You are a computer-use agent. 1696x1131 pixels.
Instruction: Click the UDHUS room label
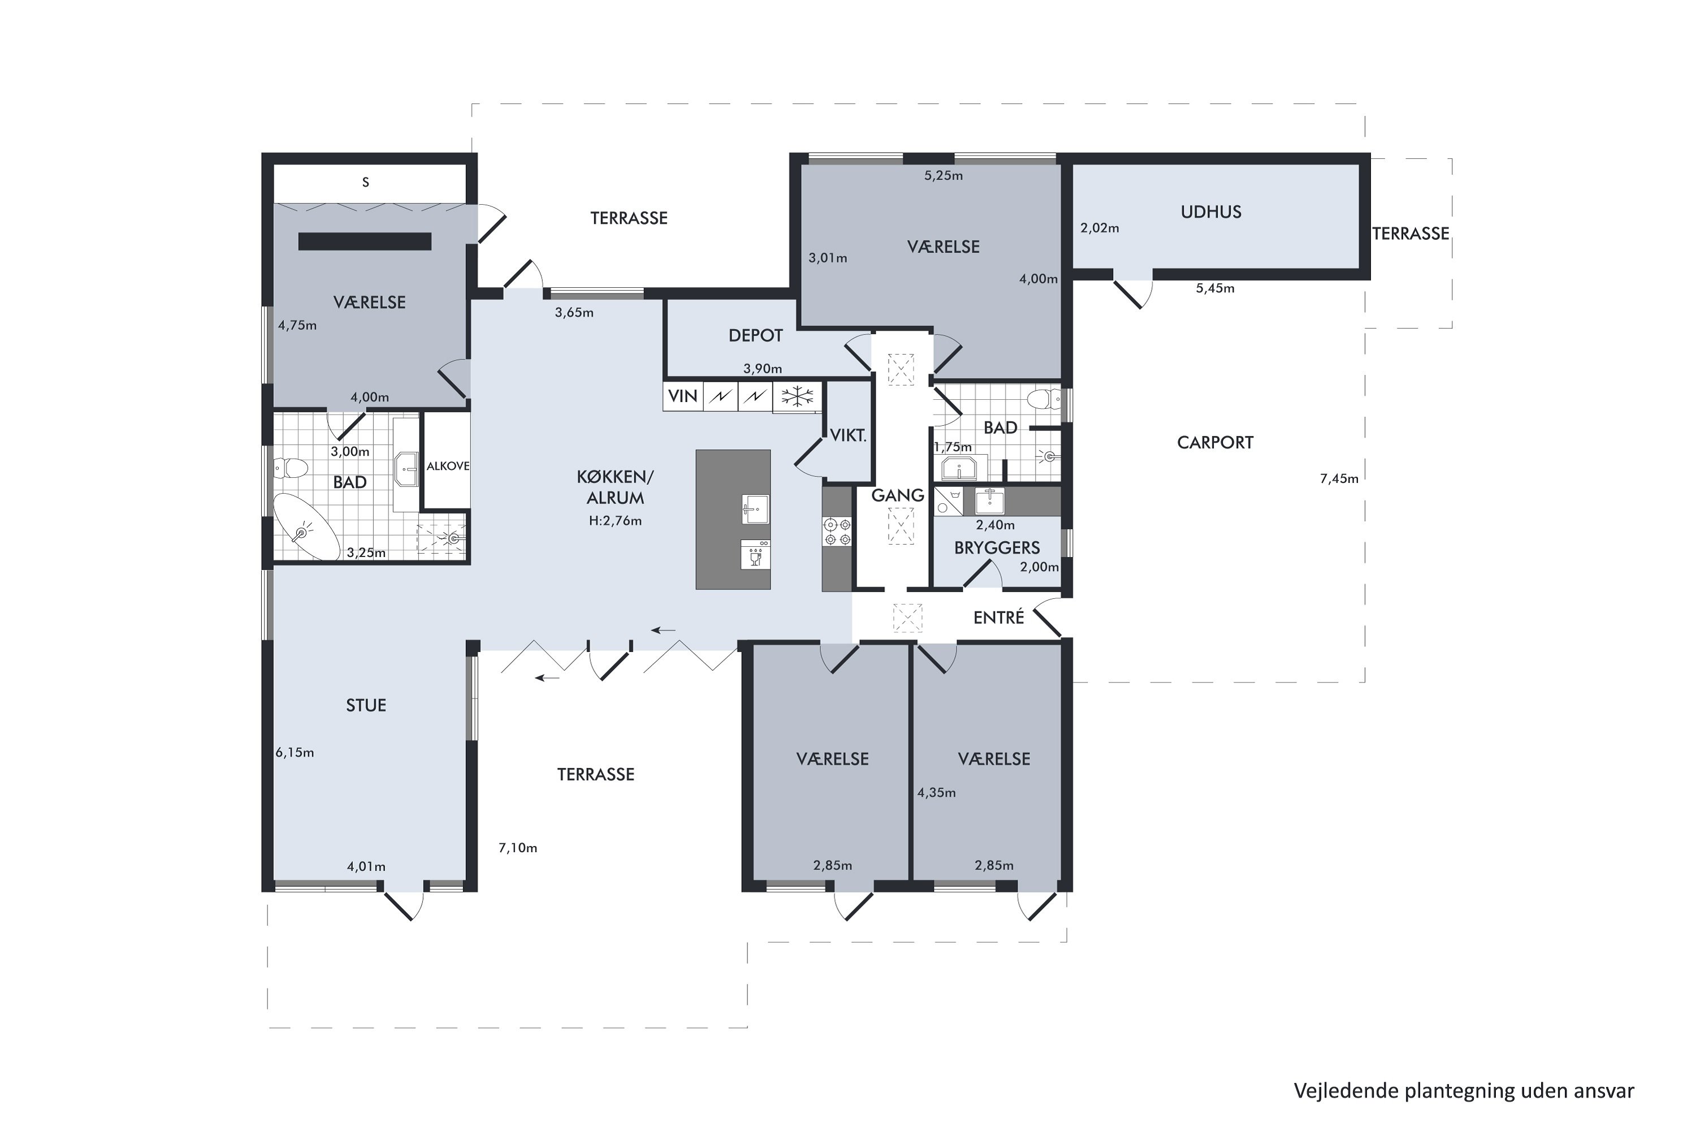coord(1211,212)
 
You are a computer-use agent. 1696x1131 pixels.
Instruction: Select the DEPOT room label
coord(756,335)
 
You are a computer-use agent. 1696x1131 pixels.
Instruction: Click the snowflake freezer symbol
coord(798,396)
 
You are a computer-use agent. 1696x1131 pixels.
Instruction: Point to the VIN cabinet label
coord(683,396)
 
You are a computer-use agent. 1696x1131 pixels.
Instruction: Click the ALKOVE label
coord(448,466)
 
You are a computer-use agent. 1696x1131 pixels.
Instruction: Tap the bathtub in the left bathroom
coord(306,527)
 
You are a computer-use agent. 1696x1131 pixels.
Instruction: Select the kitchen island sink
coord(755,510)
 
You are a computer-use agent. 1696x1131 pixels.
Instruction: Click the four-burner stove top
coord(837,532)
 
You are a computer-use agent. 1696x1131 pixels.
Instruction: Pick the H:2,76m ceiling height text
coord(615,521)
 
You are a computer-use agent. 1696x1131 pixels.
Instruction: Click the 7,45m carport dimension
coord(1339,479)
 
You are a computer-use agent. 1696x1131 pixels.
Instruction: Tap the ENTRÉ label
coord(999,618)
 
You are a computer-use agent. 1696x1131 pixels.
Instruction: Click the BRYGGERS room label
coord(997,548)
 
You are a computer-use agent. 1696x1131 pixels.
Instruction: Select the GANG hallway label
coord(898,495)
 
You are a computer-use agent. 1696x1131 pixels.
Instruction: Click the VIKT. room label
coord(848,435)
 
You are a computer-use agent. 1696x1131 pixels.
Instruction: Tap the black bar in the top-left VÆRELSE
coord(365,241)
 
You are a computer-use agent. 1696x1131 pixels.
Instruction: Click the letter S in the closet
coord(366,183)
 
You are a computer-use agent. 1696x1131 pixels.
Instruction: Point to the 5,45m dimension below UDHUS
coord(1215,288)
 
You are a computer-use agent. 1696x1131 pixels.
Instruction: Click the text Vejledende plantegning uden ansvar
coord(1464,1091)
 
